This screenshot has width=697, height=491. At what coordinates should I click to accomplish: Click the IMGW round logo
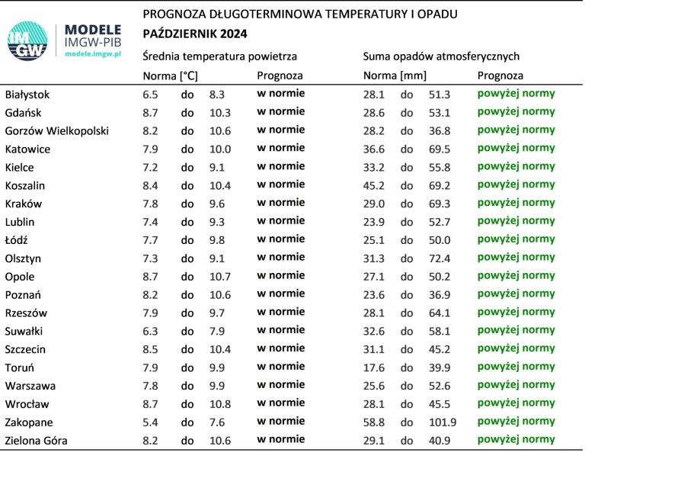tap(28, 42)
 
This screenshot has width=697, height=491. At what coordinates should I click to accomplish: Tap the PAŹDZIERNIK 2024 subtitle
tap(194, 34)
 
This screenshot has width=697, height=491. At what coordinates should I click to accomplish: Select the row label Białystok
tap(27, 95)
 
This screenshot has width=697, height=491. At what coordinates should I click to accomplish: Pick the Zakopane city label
tap(28, 422)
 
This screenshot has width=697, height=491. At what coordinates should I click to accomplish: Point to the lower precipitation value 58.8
tap(374, 422)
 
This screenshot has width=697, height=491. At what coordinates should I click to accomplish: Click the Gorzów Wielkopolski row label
tap(57, 131)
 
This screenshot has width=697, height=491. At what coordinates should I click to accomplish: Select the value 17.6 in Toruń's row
tap(374, 367)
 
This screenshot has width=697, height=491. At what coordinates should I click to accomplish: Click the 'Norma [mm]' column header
tap(395, 75)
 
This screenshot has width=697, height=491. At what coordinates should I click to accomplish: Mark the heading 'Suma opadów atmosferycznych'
tap(441, 56)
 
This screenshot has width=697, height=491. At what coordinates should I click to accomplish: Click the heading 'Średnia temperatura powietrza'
tap(219, 56)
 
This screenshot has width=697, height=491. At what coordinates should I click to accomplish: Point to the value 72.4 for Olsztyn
tap(440, 258)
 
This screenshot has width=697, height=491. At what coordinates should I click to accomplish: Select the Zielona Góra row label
tap(36, 441)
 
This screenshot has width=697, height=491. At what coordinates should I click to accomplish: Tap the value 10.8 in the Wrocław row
tap(220, 404)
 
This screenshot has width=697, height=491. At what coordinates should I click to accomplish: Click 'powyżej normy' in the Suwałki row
tap(516, 330)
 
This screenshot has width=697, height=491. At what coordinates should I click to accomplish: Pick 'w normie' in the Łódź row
tap(280, 239)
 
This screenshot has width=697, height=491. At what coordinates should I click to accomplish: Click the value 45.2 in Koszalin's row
tap(374, 185)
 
